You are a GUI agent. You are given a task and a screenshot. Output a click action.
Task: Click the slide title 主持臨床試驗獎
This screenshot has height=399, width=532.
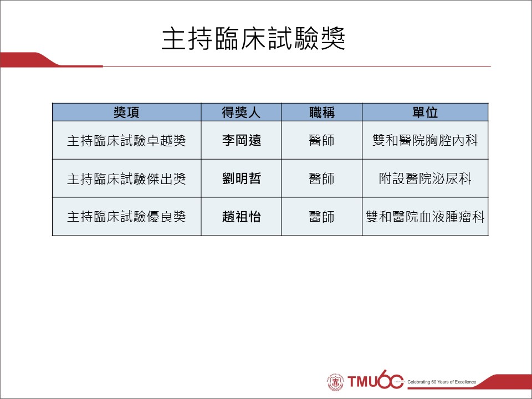(x=253, y=39)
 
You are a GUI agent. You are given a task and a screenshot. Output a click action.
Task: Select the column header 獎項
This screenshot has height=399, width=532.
(x=126, y=112)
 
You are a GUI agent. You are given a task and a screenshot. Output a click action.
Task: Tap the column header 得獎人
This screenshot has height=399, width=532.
(x=241, y=112)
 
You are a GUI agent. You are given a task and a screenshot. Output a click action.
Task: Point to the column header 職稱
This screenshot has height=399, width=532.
(x=321, y=112)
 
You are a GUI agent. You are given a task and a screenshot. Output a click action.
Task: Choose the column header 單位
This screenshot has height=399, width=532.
(x=425, y=112)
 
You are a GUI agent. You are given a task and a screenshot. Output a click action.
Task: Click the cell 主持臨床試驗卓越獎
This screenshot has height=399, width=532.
(x=126, y=140)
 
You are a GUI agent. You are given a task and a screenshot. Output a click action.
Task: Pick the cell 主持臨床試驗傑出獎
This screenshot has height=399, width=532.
(x=126, y=179)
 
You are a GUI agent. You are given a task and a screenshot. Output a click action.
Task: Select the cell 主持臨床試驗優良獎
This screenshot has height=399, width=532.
(x=126, y=217)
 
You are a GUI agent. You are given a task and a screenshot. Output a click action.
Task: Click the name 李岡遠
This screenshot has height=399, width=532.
(x=241, y=140)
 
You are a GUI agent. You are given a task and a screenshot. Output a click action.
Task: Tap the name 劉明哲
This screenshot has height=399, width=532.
(x=241, y=179)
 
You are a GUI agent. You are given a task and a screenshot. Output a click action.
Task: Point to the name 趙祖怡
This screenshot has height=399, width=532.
(x=241, y=217)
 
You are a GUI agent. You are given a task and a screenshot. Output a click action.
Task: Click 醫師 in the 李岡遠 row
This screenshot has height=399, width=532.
(x=321, y=140)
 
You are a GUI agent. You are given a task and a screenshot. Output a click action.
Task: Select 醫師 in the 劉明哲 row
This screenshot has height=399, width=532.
(x=321, y=179)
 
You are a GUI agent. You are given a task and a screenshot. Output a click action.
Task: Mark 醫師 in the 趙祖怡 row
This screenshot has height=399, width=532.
(x=321, y=217)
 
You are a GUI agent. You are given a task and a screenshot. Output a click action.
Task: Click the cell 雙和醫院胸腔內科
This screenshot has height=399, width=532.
(x=425, y=140)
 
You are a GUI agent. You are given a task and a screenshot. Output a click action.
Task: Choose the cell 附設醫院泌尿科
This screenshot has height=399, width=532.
(x=425, y=179)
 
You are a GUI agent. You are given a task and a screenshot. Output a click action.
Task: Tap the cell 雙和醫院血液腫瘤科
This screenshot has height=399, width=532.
(x=425, y=217)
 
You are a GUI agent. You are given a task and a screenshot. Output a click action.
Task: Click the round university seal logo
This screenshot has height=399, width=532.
(x=336, y=382)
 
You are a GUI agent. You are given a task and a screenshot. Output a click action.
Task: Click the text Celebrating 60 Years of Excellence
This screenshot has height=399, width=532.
(x=442, y=382)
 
